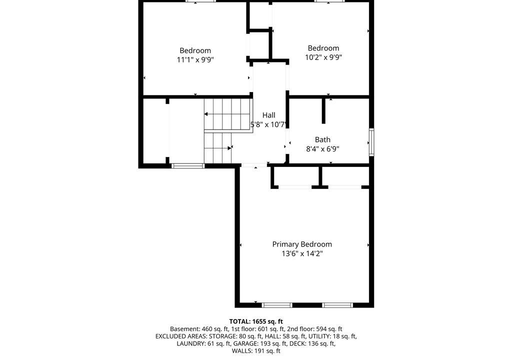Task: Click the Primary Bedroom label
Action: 302,244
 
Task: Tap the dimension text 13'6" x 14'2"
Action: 302,253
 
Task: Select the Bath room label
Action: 322,140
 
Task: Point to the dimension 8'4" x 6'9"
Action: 322,149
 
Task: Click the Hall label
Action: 268,115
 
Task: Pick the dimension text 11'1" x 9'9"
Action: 195,60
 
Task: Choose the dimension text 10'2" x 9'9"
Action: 323,57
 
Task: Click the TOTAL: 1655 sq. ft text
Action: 256,321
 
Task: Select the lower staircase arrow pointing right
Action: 218,148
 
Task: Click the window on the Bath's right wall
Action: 371,142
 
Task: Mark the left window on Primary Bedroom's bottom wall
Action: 277,305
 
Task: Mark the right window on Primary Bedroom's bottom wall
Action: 337,305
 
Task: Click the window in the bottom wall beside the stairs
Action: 188,166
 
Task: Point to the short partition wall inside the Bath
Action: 323,110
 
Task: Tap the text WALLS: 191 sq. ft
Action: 256,351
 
